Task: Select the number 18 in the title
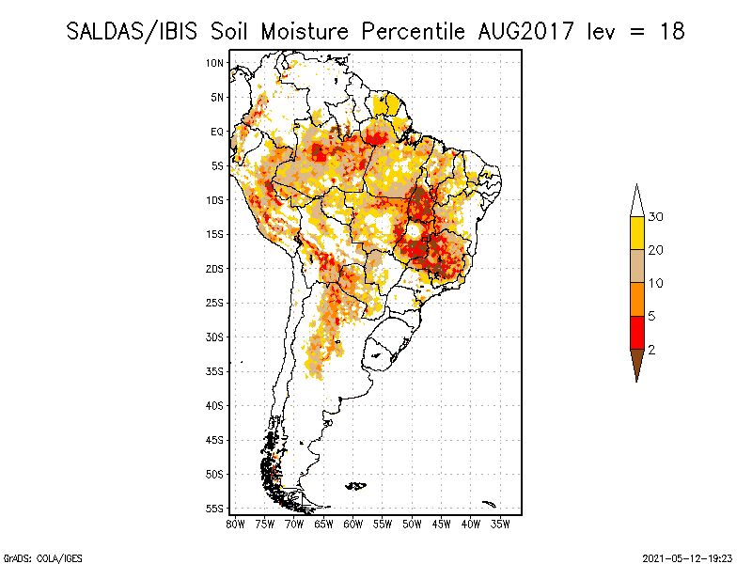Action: [670, 31]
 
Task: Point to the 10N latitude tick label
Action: [215, 63]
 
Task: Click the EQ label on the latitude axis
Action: [217, 132]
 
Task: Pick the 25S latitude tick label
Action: [215, 303]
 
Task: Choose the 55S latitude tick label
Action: [215, 509]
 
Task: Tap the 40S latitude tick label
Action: [215, 405]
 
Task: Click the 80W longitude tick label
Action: [235, 524]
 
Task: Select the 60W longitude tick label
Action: [353, 524]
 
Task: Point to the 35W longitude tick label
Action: [501, 524]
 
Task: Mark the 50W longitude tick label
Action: [412, 524]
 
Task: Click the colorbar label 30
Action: [656, 217]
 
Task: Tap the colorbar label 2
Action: [650, 350]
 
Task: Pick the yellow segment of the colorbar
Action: [636, 233]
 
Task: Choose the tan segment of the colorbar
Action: [636, 266]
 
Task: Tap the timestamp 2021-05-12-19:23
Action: [688, 557]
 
